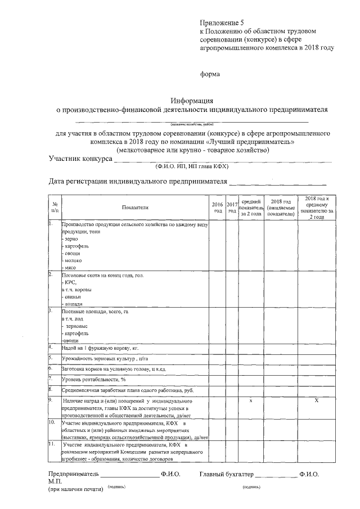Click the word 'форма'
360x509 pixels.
210,74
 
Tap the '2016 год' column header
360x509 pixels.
218,208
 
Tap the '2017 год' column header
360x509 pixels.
232,208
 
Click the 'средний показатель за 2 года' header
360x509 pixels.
250,208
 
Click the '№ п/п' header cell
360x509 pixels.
55,208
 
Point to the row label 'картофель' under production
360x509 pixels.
75,246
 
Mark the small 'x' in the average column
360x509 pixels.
250,400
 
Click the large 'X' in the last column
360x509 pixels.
317,400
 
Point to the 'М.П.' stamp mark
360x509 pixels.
55,482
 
